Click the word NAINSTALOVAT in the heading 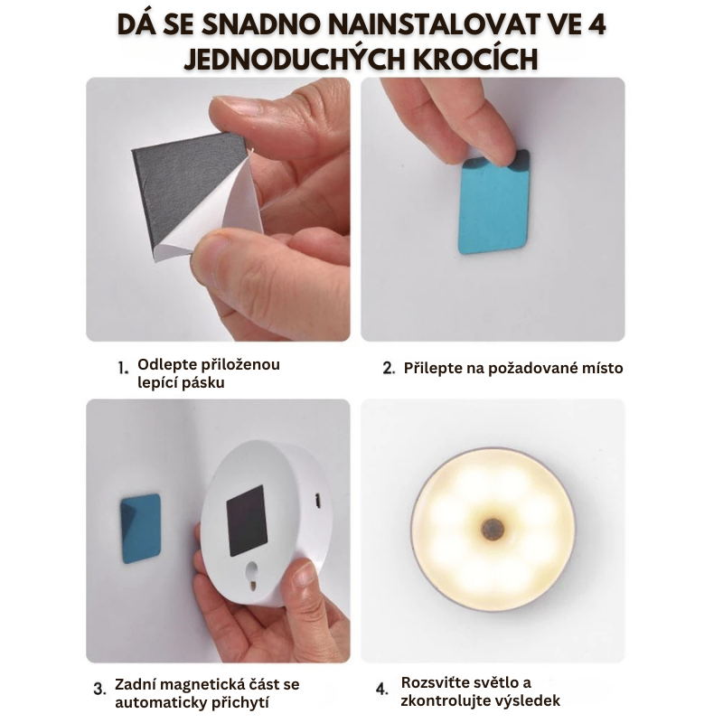pos(429,24)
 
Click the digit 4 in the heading pos(596,24)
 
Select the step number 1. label pos(123,369)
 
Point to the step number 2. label pos(389,369)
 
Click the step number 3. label pos(99,690)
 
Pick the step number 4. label pos(381,690)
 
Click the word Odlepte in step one pos(164,365)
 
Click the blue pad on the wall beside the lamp pos(141,529)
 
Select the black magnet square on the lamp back pos(248,521)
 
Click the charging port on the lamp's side pos(317,502)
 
